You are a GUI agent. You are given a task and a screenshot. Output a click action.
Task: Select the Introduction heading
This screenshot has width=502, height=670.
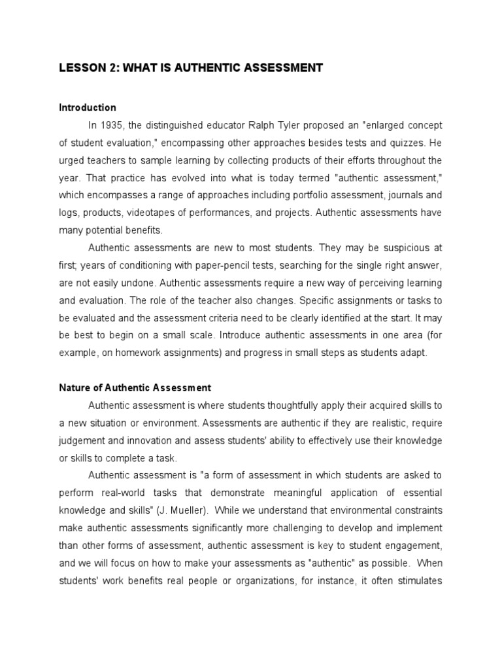tap(88, 107)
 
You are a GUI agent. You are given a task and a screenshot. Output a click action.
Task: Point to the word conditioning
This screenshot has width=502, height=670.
tap(133, 266)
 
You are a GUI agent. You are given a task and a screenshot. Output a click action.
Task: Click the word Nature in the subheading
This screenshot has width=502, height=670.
tap(75, 388)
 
